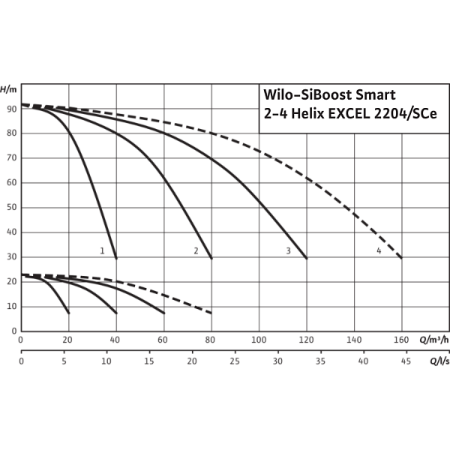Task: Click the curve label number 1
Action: click(x=102, y=250)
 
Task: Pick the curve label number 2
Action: click(x=195, y=250)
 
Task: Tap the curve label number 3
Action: click(x=288, y=250)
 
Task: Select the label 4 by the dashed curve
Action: click(x=379, y=250)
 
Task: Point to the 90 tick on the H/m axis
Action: click(x=10, y=109)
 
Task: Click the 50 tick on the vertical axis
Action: click(x=10, y=208)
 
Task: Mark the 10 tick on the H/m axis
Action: click(x=10, y=307)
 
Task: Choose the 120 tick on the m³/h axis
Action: click(x=306, y=340)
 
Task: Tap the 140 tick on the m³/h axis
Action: click(x=353, y=340)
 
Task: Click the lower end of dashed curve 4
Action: click(x=401, y=257)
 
